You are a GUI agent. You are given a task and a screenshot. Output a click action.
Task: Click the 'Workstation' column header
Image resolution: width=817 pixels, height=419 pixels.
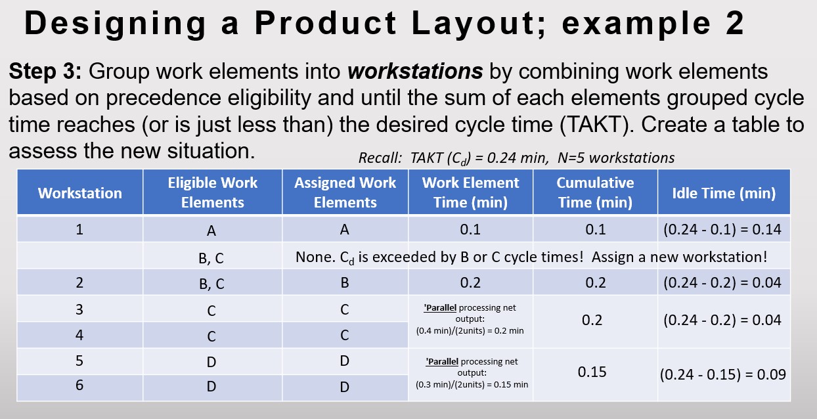point(79,192)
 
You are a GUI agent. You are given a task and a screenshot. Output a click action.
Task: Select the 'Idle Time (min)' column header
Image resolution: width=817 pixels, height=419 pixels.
point(724,192)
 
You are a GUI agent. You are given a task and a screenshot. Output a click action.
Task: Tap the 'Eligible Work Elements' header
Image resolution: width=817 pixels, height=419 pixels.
point(212,192)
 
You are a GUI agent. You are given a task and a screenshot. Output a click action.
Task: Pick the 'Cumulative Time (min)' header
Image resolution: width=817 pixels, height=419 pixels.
point(595,192)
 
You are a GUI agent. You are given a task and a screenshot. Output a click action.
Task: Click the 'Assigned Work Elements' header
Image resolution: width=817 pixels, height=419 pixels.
point(345,192)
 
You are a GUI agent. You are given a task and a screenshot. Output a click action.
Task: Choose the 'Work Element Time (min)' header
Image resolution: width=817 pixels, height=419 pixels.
point(470,192)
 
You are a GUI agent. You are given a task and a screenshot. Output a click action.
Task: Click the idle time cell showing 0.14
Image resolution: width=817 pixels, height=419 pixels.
point(722,229)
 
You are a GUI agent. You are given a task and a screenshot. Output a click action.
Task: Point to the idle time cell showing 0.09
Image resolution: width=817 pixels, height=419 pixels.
point(722,374)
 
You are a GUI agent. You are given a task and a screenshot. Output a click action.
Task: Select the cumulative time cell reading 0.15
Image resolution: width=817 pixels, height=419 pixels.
point(592,372)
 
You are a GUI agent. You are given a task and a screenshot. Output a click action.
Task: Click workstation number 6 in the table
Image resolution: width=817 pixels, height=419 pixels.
point(79,386)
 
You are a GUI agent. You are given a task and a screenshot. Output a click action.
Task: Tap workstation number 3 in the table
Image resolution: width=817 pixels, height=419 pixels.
point(79,309)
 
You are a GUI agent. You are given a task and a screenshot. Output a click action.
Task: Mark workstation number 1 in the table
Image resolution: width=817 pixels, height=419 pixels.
point(79,229)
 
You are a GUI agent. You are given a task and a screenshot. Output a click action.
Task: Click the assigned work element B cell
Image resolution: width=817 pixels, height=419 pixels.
point(345,283)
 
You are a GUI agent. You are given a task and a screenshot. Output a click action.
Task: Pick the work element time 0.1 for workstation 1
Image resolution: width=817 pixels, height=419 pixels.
point(470,229)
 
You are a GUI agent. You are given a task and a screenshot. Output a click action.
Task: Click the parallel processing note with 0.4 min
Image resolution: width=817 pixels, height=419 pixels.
point(470,319)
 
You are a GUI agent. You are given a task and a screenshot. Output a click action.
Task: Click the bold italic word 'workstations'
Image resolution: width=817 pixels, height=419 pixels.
point(415,71)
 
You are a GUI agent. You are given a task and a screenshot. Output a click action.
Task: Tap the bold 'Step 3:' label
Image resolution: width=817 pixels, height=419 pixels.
point(45,71)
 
